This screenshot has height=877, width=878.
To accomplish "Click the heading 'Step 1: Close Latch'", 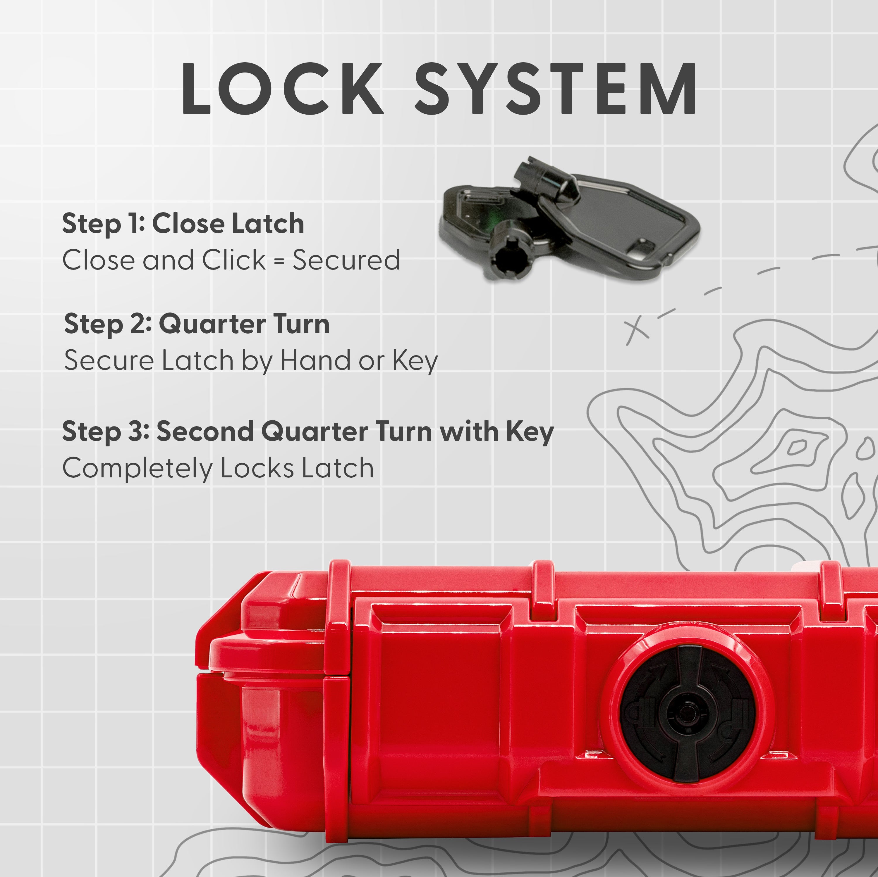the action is point(183,224).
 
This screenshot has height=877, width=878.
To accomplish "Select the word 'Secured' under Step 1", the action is point(346,260).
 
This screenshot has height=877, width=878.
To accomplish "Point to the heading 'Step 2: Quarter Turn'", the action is point(197,324).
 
